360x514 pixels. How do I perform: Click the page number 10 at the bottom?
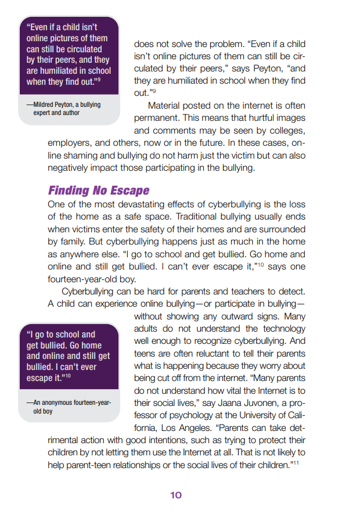(176, 495)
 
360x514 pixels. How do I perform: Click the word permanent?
(157, 118)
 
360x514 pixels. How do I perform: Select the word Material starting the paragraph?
(165, 106)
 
